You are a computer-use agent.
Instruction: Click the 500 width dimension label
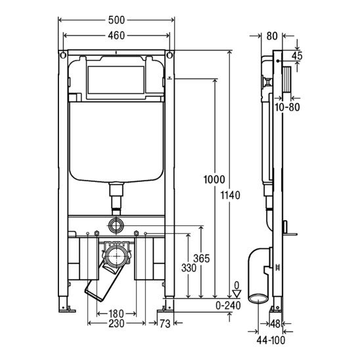pos(116,20)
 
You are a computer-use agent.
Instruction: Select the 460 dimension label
pos(116,35)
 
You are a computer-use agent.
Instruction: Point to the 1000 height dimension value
pos(214,179)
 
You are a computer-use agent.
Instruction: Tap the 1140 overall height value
pos(231,195)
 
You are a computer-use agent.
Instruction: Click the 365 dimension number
pos(202,259)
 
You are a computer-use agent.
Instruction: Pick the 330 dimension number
pos(189,268)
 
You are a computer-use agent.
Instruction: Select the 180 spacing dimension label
pos(116,313)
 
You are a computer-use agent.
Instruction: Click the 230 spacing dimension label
pos(116,323)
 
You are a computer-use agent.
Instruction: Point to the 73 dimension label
pos(165,324)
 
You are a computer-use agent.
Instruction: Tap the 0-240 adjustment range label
pos(228,305)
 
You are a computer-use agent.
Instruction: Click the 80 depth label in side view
pos(272,36)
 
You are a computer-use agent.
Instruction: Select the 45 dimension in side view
pos(298,56)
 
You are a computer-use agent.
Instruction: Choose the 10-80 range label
pos(287,107)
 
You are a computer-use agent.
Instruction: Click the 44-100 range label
pos(271,340)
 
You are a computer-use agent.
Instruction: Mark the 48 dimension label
pos(275,324)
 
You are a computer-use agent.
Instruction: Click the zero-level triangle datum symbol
pos(236,294)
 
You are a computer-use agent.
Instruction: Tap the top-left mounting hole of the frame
pos(63,55)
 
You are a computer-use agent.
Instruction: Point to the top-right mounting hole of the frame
pos(169,55)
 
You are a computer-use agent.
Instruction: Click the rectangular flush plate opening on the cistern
pos(116,80)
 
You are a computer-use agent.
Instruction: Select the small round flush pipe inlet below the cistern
pos(116,225)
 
